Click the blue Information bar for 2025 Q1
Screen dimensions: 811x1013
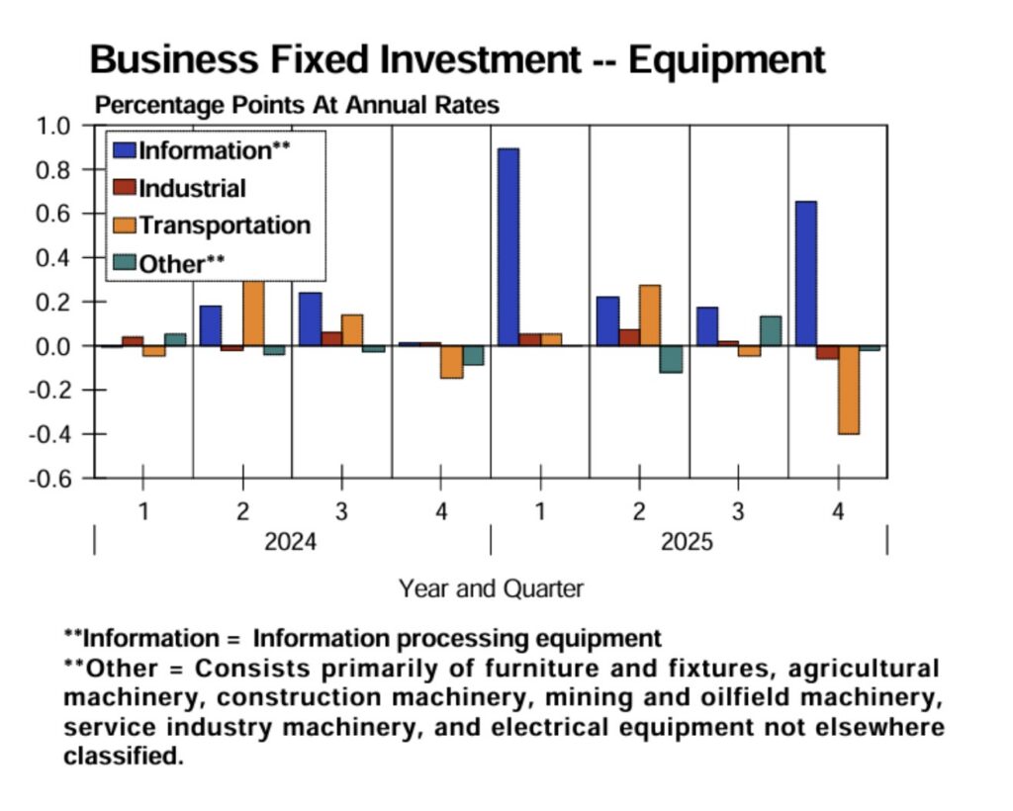(508, 246)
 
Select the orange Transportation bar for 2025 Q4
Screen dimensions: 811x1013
(849, 390)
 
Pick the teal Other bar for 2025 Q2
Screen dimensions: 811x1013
(671, 359)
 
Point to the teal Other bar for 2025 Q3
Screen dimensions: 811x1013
(771, 331)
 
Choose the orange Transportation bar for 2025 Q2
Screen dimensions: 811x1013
(650, 315)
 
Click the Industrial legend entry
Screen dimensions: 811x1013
(192, 188)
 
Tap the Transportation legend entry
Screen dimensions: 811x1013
(224, 225)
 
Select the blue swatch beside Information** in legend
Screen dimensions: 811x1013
(125, 150)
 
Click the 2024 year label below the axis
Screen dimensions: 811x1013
(291, 542)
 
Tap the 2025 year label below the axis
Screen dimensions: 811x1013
(687, 542)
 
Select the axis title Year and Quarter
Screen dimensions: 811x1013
(491, 588)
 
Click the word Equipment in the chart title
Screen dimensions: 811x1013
(726, 60)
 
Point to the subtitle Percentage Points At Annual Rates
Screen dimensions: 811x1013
(297, 105)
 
